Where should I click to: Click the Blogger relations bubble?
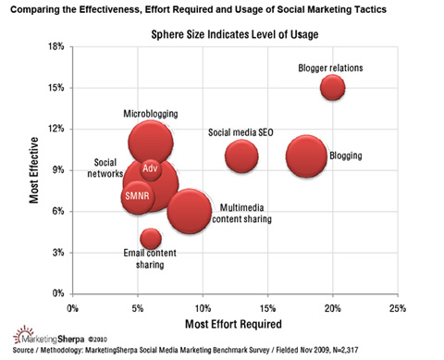tap(333, 87)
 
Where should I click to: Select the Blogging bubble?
tap(306, 155)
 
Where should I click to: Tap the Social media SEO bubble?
tap(240, 155)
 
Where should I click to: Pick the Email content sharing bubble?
tap(151, 239)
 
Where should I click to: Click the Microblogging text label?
tap(151, 114)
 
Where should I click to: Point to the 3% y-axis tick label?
tap(54, 253)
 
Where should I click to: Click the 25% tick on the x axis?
tap(397, 306)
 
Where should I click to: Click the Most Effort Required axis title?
tap(234, 324)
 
